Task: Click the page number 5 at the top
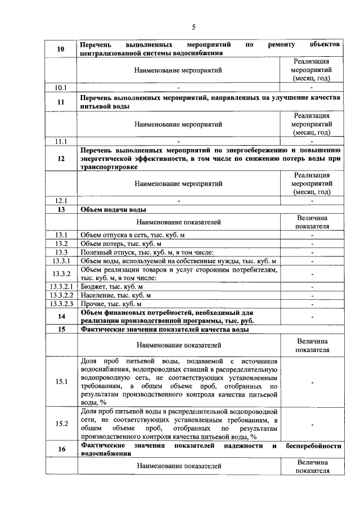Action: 193,27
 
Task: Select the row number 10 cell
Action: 61,49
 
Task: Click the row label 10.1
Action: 61,87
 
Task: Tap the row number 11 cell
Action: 61,102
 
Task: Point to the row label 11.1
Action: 61,141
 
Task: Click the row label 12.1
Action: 61,200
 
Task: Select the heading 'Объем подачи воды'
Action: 114,209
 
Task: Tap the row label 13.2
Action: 61,244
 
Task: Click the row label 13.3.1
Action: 61,262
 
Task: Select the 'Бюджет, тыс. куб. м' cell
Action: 112,287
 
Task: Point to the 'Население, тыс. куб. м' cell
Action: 116,295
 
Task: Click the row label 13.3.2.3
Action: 61,304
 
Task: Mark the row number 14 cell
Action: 61,317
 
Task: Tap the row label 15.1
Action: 61,381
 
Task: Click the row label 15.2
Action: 61,424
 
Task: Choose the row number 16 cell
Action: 61,448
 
